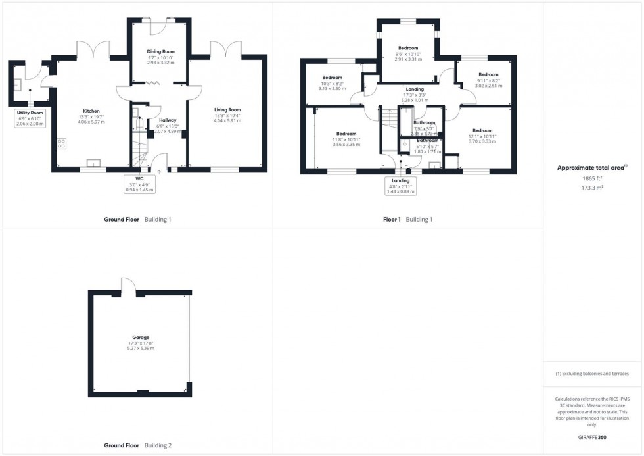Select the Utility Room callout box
pos(30,118)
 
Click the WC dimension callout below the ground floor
pos(139,184)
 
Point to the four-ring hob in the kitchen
pos(62,143)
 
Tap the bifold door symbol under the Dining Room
pos(152,83)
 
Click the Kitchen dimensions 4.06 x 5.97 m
pos(91,122)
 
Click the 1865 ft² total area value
pos(593,178)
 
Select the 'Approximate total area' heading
pos(592,168)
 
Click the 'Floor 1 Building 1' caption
pos(407,219)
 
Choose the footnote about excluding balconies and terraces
pos(593,374)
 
